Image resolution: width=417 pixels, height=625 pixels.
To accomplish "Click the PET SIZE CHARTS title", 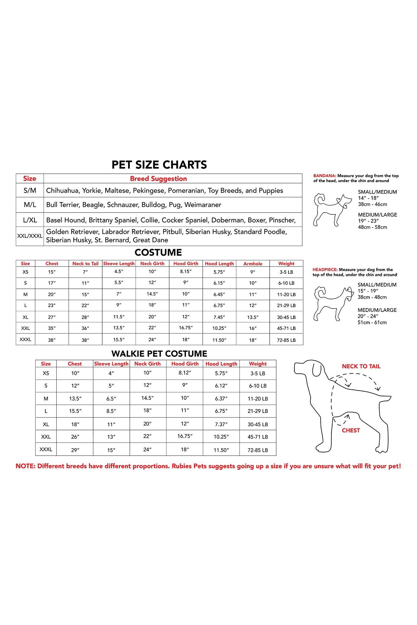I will tap(159, 165).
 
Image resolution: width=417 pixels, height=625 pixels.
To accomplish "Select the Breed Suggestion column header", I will tap(158, 179).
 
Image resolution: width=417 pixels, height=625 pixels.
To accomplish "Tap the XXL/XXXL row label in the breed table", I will tap(30, 236).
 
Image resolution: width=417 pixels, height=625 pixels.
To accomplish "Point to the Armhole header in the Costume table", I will tap(253, 264).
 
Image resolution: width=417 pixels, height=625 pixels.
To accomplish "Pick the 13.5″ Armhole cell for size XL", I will tap(253, 317).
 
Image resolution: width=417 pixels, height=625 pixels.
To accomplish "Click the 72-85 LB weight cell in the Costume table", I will tap(286, 340).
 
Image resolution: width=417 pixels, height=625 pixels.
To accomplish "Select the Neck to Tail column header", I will tap(85, 264).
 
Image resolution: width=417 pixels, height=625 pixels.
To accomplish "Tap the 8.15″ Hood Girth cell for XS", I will tap(186, 272).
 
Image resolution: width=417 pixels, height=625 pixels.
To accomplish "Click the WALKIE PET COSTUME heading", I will tap(159, 354).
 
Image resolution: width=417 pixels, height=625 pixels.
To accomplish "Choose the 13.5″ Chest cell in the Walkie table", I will tap(75, 399).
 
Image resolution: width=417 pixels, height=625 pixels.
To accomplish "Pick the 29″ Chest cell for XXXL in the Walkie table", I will tap(75, 450).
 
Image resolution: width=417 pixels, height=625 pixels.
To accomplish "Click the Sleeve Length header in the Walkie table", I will tap(111, 364).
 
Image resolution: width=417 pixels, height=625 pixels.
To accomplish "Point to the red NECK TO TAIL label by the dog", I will tap(361, 366).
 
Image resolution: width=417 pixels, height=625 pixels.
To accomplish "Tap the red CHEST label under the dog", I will tap(351, 430).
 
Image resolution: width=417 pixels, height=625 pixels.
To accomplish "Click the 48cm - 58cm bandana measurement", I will tap(373, 227).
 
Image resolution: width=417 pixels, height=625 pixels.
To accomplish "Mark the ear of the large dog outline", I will tap(318, 369).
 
